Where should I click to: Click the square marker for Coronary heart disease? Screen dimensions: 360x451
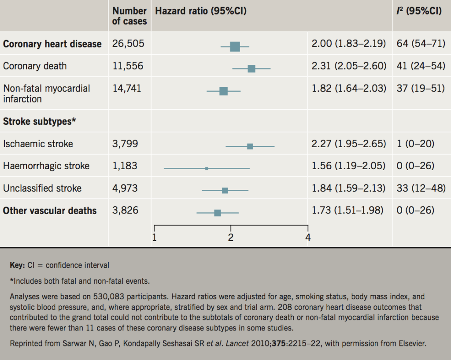point(235,46)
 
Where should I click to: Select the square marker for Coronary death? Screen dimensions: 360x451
point(251,68)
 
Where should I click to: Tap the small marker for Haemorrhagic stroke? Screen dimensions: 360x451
point(207,168)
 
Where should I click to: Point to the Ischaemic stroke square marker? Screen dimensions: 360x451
point(250,146)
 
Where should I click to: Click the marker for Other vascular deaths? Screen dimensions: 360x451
point(217,213)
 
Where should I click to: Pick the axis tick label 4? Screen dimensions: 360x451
point(307,238)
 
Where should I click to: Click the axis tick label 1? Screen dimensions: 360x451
point(155,238)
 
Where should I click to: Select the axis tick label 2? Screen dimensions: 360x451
point(230,238)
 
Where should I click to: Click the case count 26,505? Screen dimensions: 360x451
point(128,44)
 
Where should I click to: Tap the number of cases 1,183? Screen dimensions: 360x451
point(125,166)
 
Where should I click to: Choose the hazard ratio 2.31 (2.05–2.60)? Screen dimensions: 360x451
point(349,66)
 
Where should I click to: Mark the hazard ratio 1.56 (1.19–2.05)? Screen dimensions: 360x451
point(348,166)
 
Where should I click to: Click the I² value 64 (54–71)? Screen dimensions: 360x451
point(421,44)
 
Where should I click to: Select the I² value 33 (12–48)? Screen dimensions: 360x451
point(421,188)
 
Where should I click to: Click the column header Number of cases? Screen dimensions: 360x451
point(129,16)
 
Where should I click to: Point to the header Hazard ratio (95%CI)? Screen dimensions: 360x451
point(198,11)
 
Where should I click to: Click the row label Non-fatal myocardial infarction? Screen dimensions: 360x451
point(46,93)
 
